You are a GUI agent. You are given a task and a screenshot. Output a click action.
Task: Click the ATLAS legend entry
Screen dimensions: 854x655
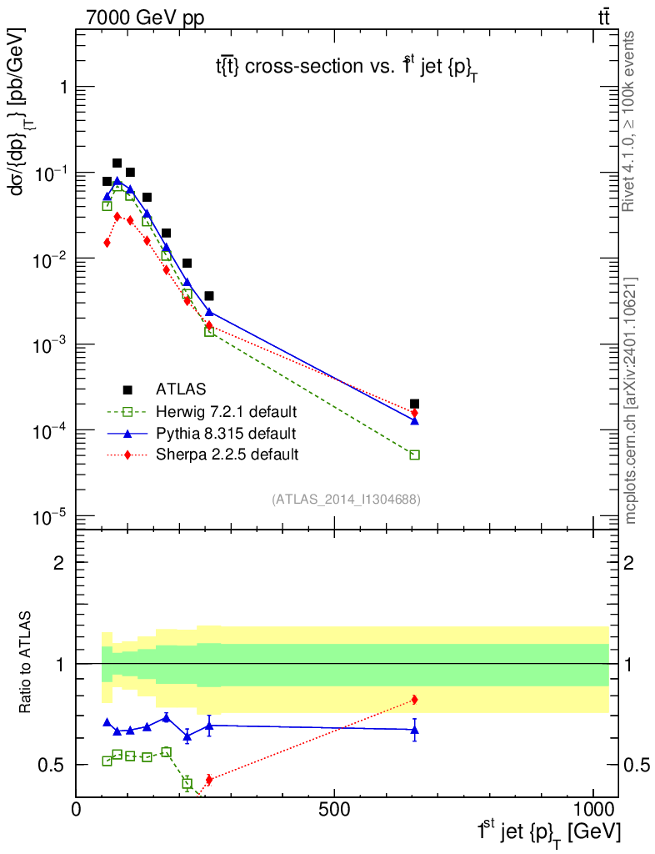[182, 389]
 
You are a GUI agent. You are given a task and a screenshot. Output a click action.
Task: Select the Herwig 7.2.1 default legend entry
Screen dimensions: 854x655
[227, 411]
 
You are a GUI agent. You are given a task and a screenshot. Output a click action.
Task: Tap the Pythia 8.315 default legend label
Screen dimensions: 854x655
[226, 433]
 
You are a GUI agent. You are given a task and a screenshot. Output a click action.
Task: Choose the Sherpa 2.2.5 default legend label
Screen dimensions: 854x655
[227, 455]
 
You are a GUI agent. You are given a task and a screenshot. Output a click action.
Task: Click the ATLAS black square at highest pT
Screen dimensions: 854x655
[415, 404]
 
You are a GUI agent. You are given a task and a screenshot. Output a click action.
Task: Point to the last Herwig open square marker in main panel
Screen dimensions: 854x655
[415, 455]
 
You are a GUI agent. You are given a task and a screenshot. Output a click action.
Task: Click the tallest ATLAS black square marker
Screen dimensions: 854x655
[117, 163]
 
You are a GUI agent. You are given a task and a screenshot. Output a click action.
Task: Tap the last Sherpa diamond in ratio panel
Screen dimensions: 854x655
[415, 699]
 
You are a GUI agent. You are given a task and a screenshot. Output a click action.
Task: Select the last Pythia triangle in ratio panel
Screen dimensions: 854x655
[415, 730]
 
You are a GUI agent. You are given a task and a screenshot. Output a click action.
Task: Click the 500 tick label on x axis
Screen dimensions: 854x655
[334, 809]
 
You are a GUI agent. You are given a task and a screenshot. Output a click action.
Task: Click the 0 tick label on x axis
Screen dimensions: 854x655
[77, 809]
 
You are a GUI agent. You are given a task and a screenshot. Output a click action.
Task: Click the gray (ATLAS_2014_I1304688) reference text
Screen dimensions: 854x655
[345, 500]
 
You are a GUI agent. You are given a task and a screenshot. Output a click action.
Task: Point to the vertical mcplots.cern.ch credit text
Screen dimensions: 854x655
[631, 400]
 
